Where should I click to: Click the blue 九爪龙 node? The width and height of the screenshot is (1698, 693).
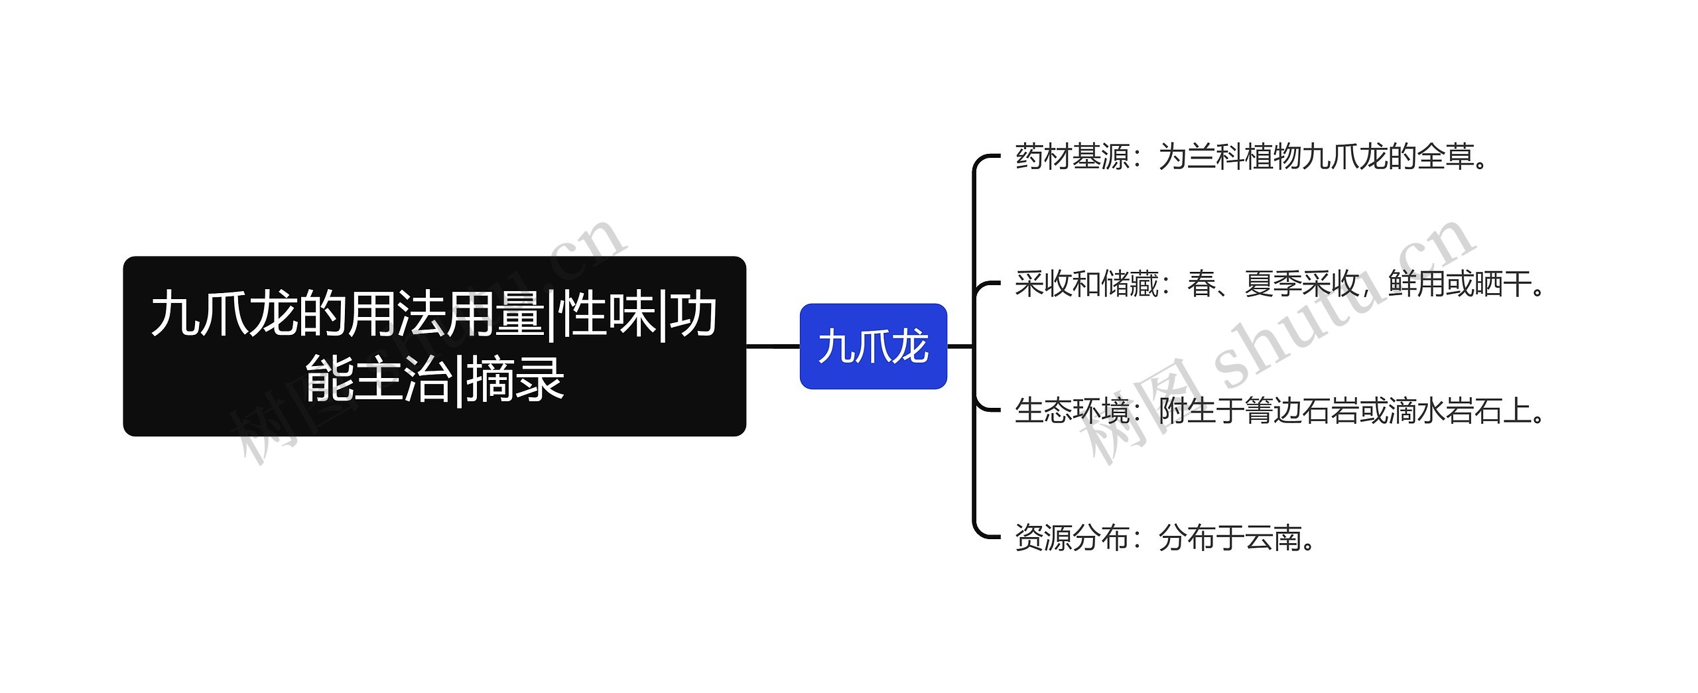[x=873, y=346]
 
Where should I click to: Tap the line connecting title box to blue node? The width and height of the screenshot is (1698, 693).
[x=773, y=346]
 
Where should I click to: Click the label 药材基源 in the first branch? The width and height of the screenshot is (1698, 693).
[x=1072, y=157]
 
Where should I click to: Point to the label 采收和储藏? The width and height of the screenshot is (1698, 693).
[x=1086, y=284]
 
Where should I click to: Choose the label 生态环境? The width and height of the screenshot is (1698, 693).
[x=1072, y=411]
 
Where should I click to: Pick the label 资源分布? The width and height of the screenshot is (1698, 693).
[x=1072, y=538]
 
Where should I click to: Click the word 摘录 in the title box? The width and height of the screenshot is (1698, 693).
[x=515, y=379]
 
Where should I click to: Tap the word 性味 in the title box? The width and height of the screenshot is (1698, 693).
[x=607, y=316]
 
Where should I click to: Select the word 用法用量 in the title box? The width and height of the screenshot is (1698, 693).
[x=446, y=316]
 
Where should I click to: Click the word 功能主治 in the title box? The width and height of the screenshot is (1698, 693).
[x=379, y=379]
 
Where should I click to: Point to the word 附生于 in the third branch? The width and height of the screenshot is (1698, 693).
[x=1201, y=411]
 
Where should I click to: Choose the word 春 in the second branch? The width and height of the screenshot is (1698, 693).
[x=1201, y=284]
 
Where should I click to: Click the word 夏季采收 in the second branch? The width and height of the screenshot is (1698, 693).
[x=1301, y=284]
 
